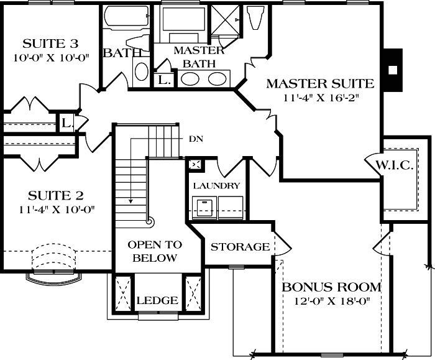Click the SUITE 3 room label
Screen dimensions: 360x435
coord(50,44)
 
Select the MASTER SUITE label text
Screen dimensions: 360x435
coord(320,83)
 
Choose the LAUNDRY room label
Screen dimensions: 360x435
coord(216,185)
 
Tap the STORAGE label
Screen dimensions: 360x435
coord(240,247)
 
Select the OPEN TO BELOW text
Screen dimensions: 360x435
coord(155,251)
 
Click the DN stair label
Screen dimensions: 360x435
coord(196,139)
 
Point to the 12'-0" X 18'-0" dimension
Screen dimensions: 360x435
coord(331,302)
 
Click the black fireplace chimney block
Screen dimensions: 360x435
coord(391,69)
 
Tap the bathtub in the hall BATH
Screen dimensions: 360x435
coord(126,19)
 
